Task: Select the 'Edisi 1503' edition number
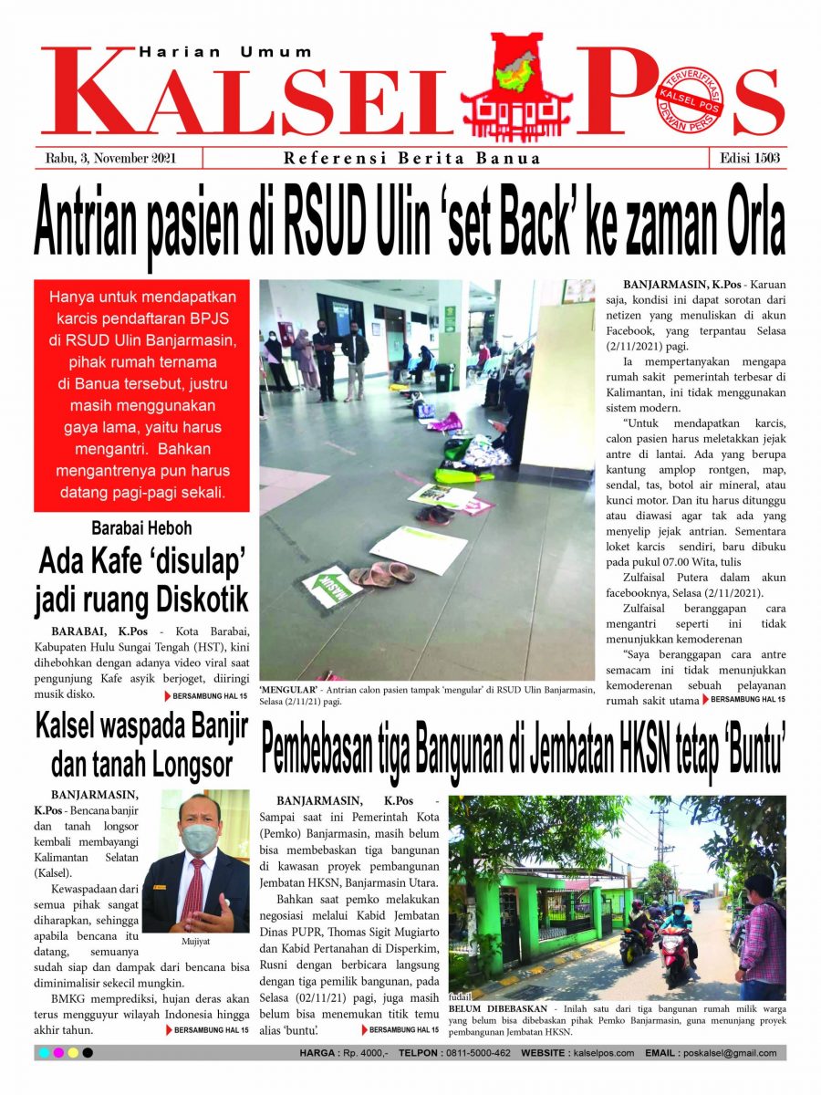point(747,158)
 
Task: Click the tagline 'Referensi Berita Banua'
point(411,159)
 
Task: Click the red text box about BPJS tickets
point(141,396)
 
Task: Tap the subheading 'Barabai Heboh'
point(141,528)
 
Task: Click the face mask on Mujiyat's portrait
point(199,839)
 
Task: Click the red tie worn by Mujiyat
point(192,890)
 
